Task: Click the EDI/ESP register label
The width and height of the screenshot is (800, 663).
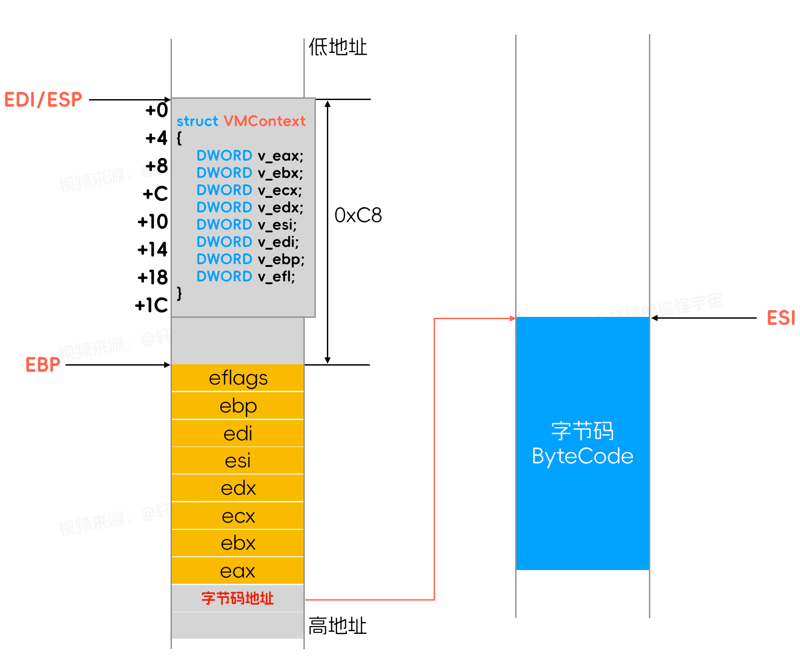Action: click(43, 100)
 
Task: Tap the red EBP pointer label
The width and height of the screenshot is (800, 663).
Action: click(43, 365)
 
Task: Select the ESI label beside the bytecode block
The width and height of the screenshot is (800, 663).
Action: click(781, 318)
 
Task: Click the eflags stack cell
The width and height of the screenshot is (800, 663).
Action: click(238, 378)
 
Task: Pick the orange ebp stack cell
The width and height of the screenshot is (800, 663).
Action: click(238, 406)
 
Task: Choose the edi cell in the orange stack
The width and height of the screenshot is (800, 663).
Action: click(238, 434)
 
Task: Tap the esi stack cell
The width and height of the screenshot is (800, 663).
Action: click(238, 461)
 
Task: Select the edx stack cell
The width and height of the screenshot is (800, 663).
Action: click(238, 489)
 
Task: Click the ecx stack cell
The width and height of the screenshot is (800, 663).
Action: click(238, 516)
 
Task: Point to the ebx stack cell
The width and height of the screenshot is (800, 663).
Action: click(238, 544)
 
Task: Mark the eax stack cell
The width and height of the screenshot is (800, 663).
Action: click(238, 571)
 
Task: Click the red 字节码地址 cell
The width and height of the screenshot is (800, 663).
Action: click(238, 598)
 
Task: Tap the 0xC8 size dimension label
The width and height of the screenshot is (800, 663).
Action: click(358, 216)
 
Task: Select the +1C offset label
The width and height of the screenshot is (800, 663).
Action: click(151, 305)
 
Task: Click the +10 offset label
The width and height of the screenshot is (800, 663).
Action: click(153, 222)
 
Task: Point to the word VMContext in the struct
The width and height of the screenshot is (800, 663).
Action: click(264, 121)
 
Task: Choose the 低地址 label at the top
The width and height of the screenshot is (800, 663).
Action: click(338, 47)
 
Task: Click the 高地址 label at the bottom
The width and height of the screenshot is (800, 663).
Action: click(338, 626)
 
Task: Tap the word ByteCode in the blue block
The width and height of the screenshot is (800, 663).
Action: click(583, 456)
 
